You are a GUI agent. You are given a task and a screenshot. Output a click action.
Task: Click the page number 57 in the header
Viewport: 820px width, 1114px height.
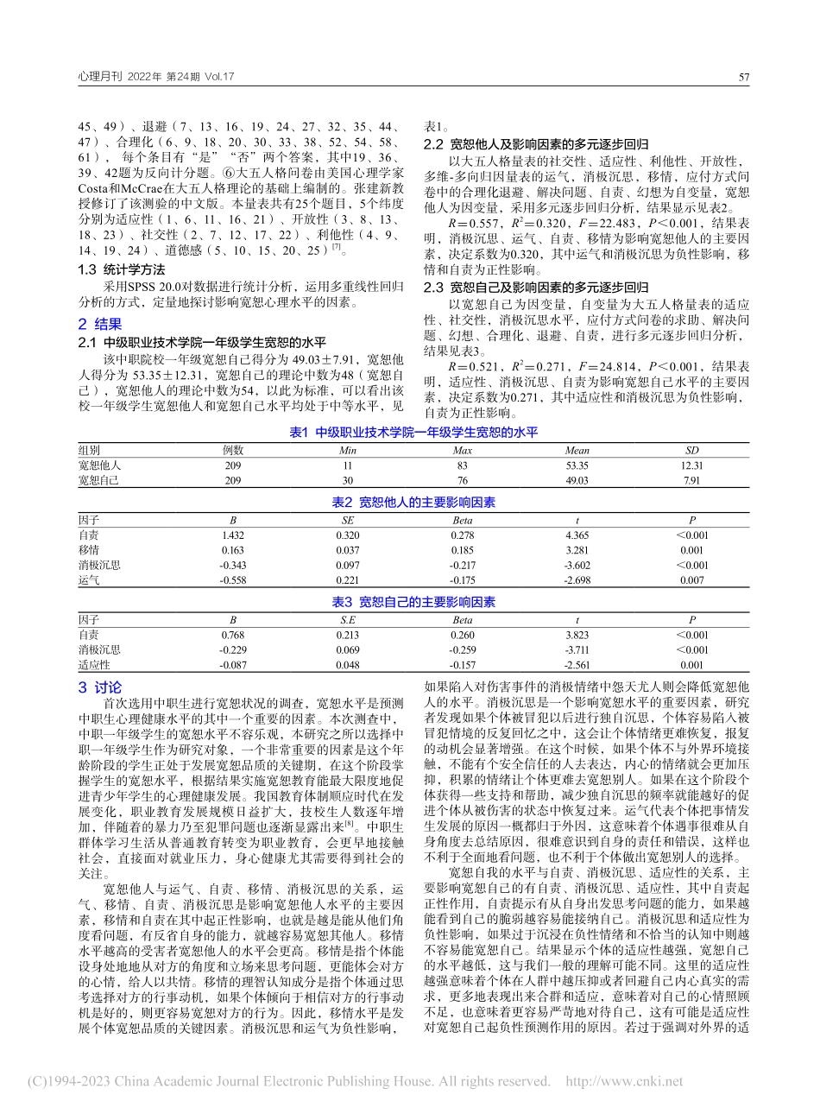743,77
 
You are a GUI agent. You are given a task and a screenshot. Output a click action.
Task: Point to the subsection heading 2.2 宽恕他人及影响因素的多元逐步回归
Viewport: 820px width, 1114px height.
536,144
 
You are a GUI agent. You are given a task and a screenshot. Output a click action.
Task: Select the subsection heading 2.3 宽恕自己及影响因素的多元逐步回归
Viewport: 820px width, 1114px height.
536,288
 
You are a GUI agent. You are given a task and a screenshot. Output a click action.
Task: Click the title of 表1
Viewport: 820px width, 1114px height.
410,433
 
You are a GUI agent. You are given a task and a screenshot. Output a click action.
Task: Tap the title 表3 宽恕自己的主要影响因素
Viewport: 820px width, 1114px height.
410,602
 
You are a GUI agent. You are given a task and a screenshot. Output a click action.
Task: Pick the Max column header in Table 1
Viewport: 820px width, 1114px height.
463,450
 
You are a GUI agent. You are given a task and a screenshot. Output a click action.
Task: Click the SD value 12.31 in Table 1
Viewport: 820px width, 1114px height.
692,465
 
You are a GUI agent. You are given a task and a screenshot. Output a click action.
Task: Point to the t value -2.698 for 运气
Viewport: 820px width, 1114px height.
577,580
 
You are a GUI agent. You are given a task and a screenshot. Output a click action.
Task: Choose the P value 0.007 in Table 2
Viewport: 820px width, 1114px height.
692,580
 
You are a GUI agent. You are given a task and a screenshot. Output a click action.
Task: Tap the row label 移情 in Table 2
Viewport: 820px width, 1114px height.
88,549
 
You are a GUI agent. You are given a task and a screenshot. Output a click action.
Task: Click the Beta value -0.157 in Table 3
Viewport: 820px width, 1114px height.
463,664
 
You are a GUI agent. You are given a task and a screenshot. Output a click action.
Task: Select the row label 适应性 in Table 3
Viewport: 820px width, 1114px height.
94,664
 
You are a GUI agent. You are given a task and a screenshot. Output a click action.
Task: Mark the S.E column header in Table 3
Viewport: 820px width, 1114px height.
348,619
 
